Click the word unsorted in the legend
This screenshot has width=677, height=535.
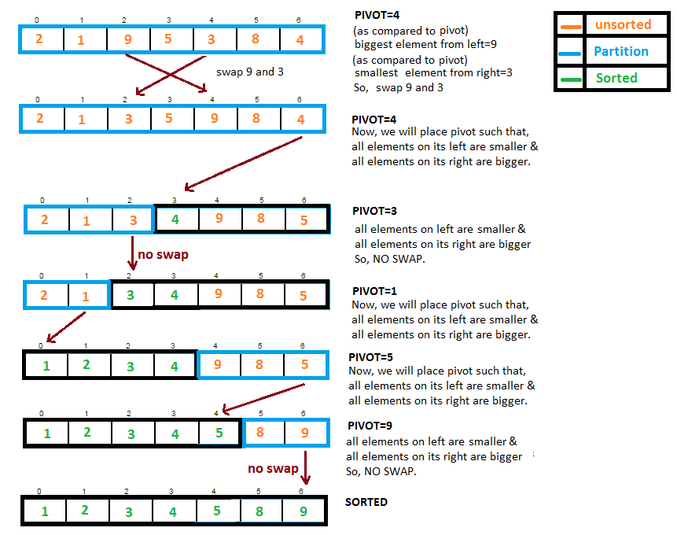(x=623, y=24)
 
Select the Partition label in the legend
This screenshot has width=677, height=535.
(x=621, y=51)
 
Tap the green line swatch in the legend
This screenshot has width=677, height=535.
(x=571, y=79)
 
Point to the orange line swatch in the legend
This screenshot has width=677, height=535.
(x=571, y=27)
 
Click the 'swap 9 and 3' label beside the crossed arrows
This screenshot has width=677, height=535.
(x=249, y=72)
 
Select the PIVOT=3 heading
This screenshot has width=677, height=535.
(x=374, y=211)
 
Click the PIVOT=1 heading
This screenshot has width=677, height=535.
(x=374, y=291)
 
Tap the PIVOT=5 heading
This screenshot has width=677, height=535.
(x=370, y=357)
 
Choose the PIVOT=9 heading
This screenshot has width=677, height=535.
(x=370, y=426)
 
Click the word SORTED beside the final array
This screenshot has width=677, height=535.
(x=366, y=502)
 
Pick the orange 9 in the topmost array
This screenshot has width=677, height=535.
(x=128, y=40)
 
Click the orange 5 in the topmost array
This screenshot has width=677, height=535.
(x=168, y=39)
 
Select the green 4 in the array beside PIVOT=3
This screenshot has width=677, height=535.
(x=175, y=220)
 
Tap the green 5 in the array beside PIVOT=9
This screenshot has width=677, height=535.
(x=219, y=433)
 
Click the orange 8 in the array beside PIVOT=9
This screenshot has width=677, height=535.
(x=260, y=432)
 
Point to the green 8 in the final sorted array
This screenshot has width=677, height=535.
(x=259, y=511)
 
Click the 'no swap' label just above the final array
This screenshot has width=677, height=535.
(x=273, y=468)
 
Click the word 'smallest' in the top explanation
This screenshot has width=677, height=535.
(x=376, y=72)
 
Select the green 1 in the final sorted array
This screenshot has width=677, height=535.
(x=45, y=511)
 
